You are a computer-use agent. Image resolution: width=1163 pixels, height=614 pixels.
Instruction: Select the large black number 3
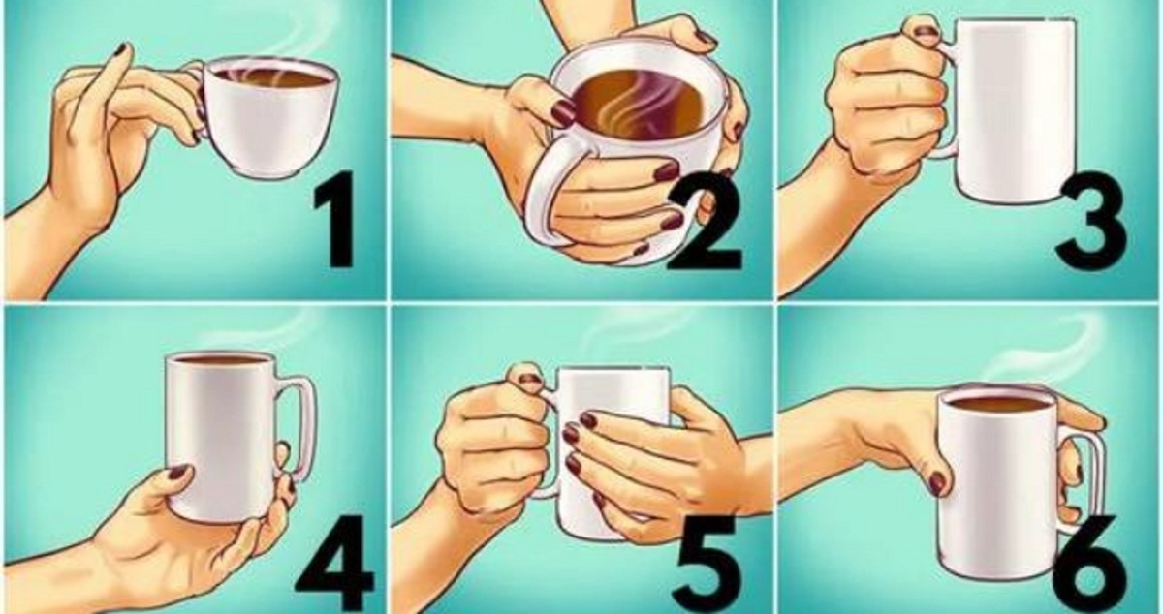coord(1091,227)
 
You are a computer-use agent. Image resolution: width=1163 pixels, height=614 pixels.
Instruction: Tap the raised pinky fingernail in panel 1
coord(121,51)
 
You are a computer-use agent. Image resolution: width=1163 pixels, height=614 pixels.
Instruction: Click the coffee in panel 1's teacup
coord(270,77)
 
